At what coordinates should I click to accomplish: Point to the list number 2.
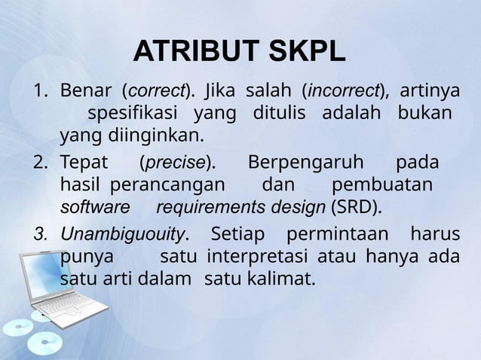[x=38, y=163]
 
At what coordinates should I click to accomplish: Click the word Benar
[x=84, y=92]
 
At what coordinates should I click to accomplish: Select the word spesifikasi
[x=133, y=114]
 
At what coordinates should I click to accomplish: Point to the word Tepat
[x=84, y=163]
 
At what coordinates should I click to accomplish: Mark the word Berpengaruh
[x=305, y=162]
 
